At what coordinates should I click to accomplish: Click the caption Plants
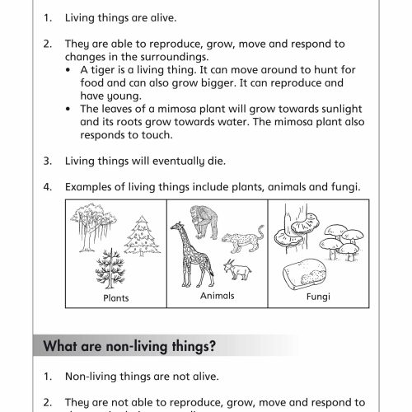(115, 299)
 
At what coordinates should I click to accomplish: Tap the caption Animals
(217, 294)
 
